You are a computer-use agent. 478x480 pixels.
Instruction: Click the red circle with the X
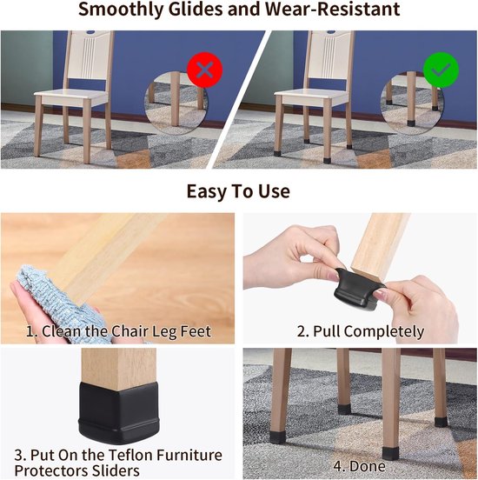[x=204, y=70]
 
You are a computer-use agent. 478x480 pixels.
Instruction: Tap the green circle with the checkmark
[x=441, y=70]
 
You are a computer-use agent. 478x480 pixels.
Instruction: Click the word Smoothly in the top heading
[x=121, y=10]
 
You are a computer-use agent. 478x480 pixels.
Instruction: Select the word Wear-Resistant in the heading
[x=332, y=9]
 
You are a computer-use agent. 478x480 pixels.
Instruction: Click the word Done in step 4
[x=368, y=466]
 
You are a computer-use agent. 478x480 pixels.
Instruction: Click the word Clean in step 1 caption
[x=62, y=331]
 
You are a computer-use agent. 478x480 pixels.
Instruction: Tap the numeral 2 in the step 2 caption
[x=301, y=331]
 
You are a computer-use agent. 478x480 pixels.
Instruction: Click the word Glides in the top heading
[x=196, y=9]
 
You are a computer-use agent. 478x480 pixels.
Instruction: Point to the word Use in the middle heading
[x=274, y=191]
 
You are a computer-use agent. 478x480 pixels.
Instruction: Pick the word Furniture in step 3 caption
[x=189, y=455]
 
